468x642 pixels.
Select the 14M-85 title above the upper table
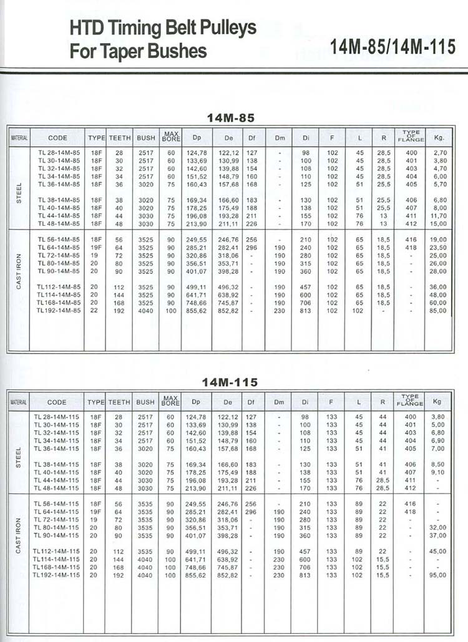[230, 117]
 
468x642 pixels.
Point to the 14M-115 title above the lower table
[230, 382]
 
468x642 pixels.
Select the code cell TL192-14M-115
[57, 575]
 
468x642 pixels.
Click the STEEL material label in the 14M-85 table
[19, 188]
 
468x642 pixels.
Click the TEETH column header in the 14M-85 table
[120, 137]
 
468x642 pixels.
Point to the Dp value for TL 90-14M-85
[197, 271]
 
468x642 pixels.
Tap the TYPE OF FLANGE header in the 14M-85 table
[411, 136]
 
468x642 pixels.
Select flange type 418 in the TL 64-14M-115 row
[411, 512]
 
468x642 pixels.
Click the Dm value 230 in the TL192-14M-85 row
[279, 311]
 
